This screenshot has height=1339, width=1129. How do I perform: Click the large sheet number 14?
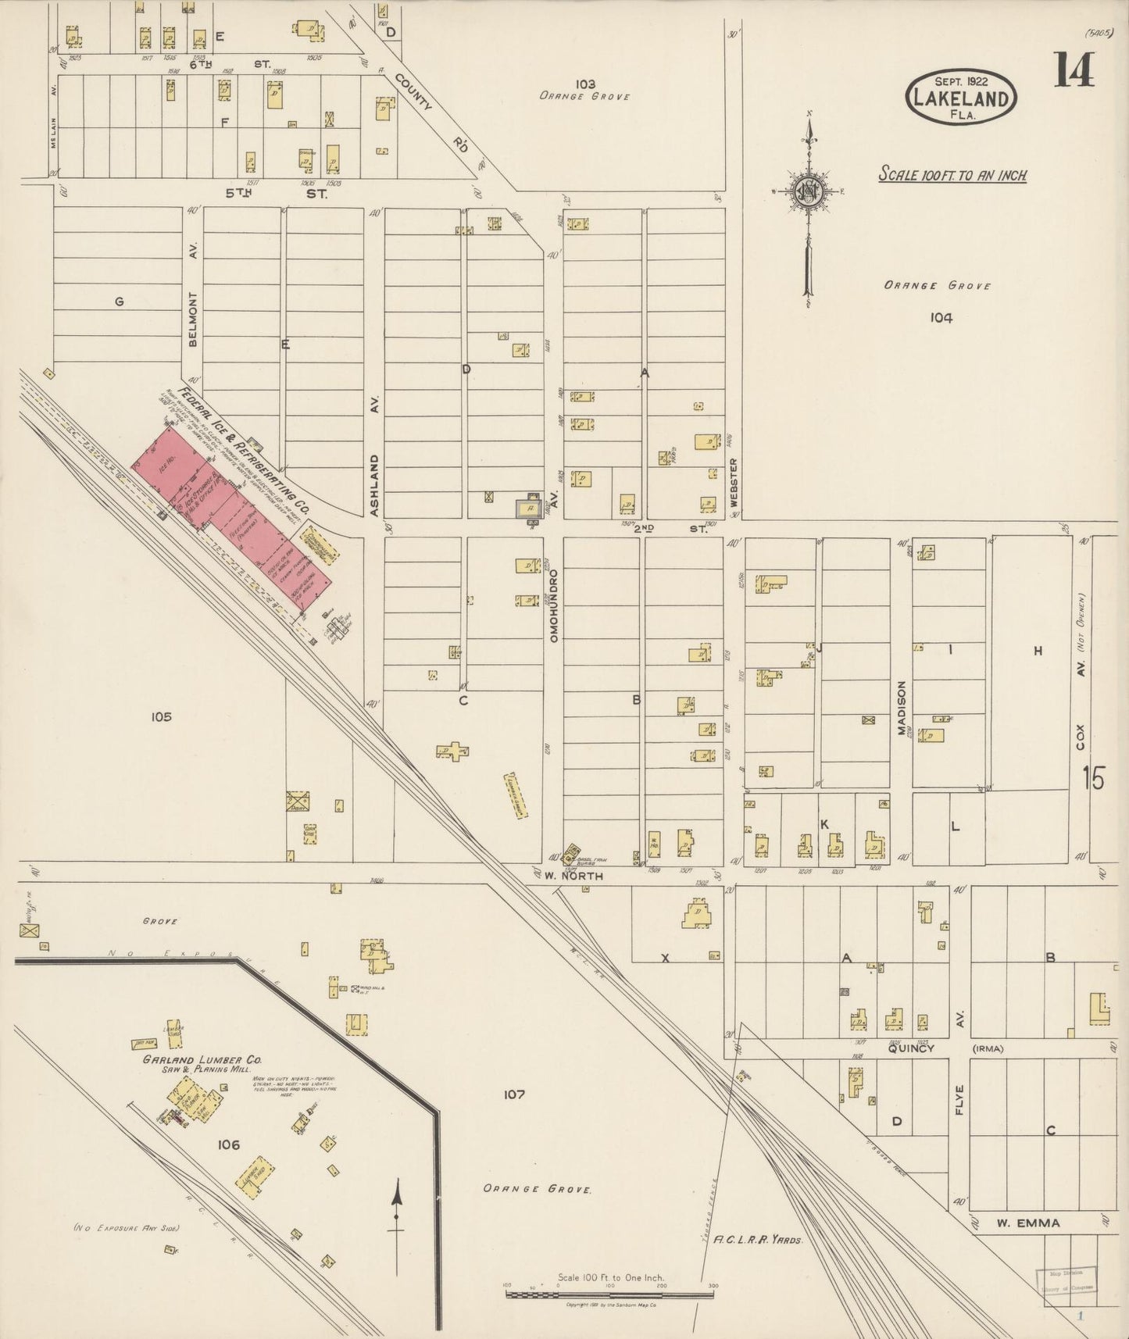pos(1074,70)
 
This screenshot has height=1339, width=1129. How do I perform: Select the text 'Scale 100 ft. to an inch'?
pos(952,174)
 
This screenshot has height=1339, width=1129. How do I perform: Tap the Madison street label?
pos(901,708)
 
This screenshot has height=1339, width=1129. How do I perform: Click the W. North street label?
pos(574,876)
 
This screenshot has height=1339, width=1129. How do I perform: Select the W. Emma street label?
pos(1027,1223)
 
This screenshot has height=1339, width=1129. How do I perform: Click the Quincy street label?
pos(911,1048)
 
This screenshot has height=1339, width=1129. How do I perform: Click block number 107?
pos(513,1094)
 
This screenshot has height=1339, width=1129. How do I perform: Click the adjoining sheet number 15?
pos(1094,778)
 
